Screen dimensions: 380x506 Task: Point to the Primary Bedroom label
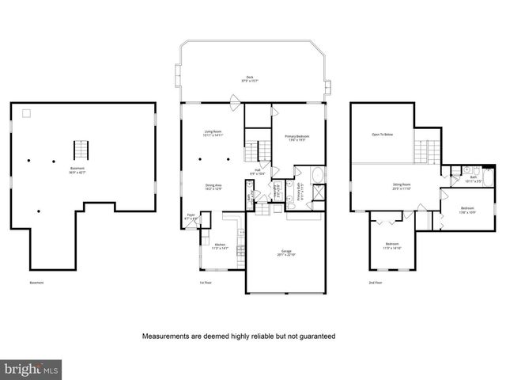[297, 138]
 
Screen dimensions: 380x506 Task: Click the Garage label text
[285, 253]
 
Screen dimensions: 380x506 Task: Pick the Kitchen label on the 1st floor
[221, 246]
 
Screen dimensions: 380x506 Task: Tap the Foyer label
[191, 215]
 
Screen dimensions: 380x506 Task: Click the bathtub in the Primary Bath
[316, 176]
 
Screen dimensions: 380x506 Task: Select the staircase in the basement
[79, 150]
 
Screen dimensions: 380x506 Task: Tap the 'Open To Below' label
[383, 135]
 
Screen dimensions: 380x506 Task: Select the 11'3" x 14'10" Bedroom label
[392, 245]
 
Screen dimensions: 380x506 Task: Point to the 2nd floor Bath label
[474, 178]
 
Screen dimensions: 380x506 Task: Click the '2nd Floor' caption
[376, 283]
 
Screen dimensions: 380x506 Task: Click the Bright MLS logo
[32, 369]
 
